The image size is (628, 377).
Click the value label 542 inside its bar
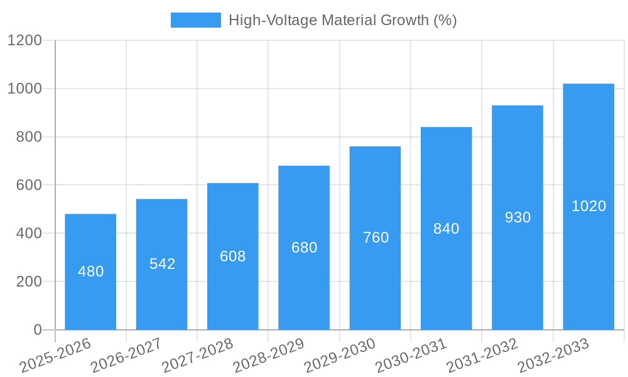click(x=162, y=264)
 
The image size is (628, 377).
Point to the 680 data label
click(x=305, y=248)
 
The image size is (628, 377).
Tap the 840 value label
click(x=447, y=229)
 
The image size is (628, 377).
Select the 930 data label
click(x=518, y=217)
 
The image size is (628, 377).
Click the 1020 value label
click(x=589, y=206)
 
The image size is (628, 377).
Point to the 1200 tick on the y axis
click(x=24, y=41)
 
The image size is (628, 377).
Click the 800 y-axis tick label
click(x=30, y=137)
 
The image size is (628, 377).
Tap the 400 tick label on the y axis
click(x=30, y=234)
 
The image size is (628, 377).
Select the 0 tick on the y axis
click(x=37, y=330)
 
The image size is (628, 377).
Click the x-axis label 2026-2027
click(x=127, y=355)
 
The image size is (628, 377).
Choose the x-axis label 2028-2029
click(x=269, y=355)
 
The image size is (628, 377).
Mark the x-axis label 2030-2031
click(x=411, y=355)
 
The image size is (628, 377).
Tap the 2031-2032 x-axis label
click(x=482, y=355)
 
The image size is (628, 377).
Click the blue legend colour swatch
click(x=196, y=20)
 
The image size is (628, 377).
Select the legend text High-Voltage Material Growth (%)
click(x=342, y=20)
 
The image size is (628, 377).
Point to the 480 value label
click(x=91, y=271)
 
